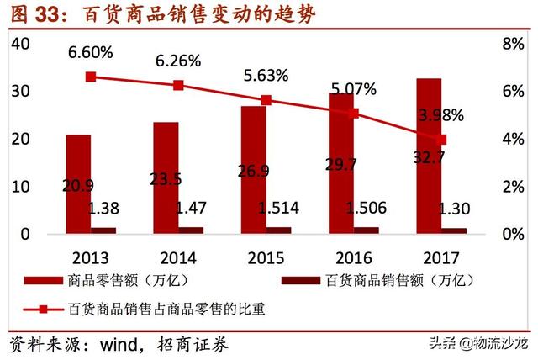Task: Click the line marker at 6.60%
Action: point(91,77)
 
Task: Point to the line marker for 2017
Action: point(442,139)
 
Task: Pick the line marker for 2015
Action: point(266,100)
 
